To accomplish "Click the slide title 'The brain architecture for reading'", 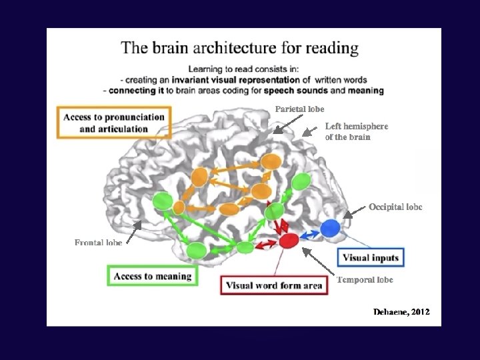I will pos(239,48).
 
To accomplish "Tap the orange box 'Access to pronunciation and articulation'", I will pos(114,123).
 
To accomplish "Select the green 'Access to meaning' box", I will pos(152,275).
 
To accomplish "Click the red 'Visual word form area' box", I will pos(274,285).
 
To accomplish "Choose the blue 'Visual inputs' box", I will pos(371,258).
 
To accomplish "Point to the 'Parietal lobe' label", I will pos(300,109).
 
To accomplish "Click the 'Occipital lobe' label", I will pos(395,207).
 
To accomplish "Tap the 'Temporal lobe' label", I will pos(365,279).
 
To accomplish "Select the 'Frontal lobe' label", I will pos(98,243).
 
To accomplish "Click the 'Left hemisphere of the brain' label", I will pos(356,131).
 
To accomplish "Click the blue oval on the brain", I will pos(330,229).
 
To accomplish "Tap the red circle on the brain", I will pos(289,241).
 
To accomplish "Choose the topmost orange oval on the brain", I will pos(271,161).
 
